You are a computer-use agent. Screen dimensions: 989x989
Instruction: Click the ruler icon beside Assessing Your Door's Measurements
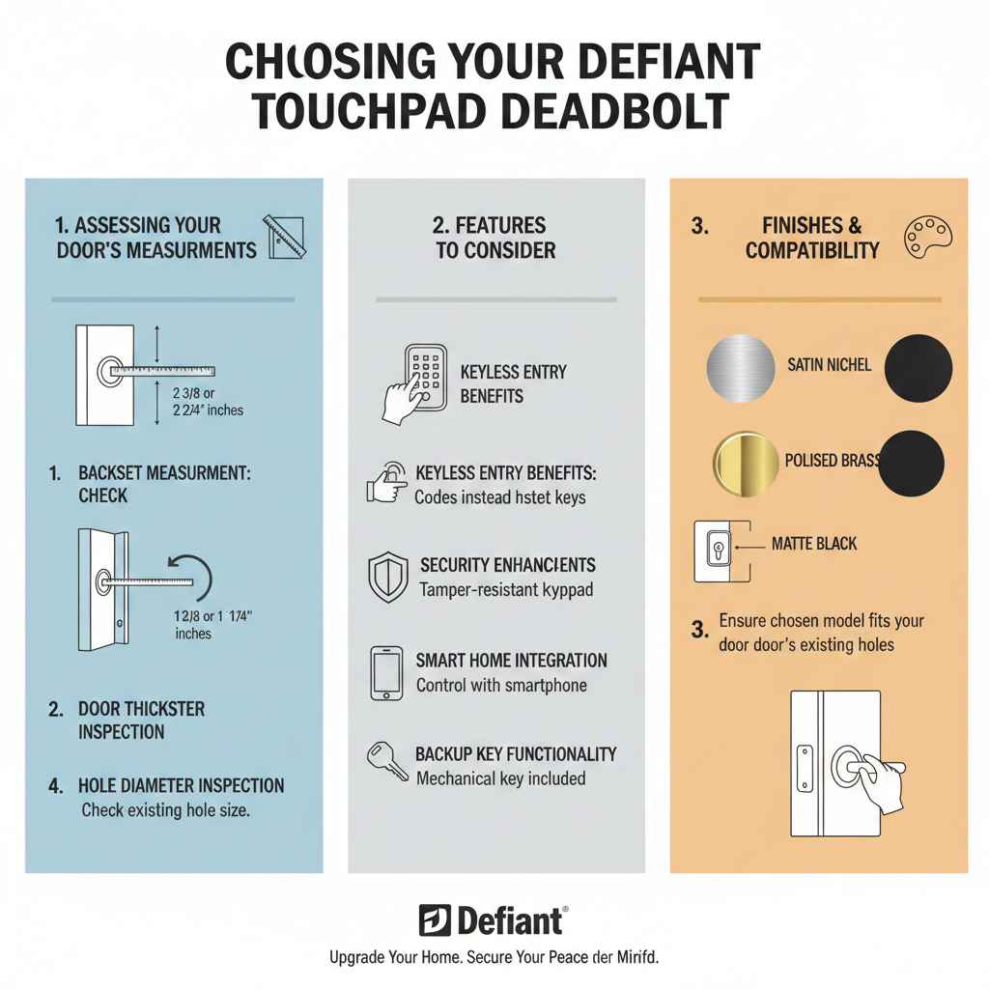pos(285,237)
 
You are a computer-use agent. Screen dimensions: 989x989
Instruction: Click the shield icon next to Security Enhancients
pos(388,578)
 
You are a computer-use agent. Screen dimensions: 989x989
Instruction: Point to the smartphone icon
pos(386,673)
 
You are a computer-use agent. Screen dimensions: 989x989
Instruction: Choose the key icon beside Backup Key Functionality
pos(386,763)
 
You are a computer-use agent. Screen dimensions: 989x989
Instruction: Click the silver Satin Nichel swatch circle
pos(741,369)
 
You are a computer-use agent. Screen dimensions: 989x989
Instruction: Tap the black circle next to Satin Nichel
pos(918,369)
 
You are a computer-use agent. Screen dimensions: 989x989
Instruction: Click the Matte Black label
pos(813,544)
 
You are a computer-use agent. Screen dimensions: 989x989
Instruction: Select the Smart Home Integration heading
pos(511,661)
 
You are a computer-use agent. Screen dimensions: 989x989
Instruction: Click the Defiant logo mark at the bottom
pos(435,920)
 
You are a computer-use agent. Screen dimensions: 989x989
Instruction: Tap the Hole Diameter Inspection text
pos(181,786)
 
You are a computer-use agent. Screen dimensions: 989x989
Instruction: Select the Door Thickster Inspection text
pos(141,721)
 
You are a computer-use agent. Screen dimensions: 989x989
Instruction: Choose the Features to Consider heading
pos(495,238)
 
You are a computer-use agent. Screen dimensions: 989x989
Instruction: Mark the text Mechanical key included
pos(500,778)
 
